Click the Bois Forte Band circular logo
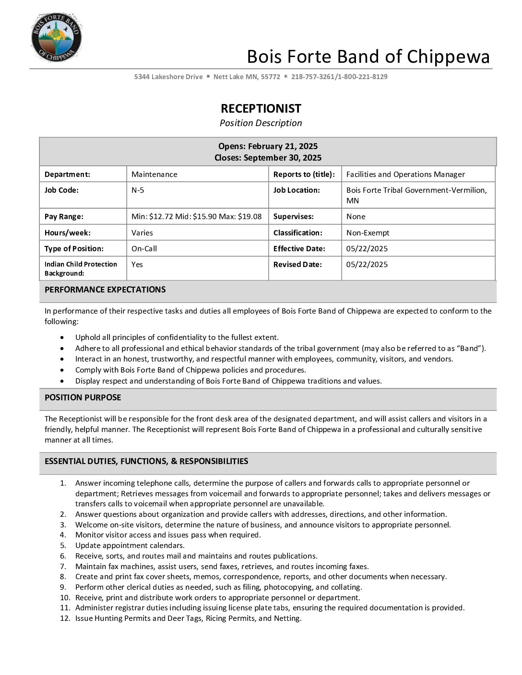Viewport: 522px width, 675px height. coord(56,37)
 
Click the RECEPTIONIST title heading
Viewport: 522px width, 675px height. coord(261,108)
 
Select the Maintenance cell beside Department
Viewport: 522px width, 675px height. coord(154,175)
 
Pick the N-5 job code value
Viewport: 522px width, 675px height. coord(138,190)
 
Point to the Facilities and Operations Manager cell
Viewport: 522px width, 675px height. coord(405,175)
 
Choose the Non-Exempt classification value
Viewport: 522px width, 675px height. coord(368,233)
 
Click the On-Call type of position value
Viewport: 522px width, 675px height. coord(144,249)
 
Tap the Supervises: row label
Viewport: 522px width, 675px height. coord(293,217)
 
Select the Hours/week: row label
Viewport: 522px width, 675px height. coord(67,233)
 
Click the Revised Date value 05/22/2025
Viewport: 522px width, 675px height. coord(367,265)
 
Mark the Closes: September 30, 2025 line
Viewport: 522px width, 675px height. coord(268,158)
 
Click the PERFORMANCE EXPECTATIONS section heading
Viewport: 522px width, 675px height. coord(105,290)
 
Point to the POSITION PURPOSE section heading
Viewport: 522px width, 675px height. coord(83,397)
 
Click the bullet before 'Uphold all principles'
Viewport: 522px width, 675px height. coord(62,337)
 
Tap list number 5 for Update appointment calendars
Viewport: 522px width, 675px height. coord(63,546)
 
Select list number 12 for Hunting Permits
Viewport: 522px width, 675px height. coord(65,618)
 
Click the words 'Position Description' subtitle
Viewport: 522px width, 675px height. coord(261,123)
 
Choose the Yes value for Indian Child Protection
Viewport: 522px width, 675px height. coord(137,265)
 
